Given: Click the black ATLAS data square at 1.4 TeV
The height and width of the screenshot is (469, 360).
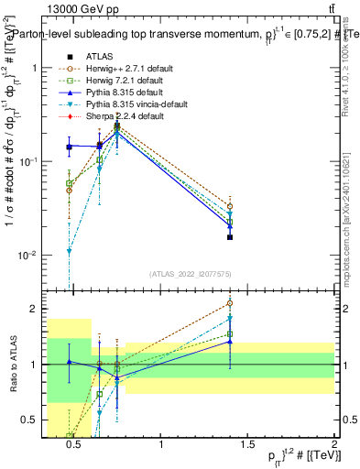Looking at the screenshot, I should coord(230,237).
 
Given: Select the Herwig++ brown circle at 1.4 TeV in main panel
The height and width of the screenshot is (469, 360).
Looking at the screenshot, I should coord(230,207).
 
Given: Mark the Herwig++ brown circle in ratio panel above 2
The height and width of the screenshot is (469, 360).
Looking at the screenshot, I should coord(230,302).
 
